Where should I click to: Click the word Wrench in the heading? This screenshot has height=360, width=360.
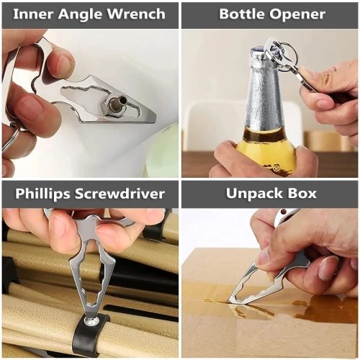[136, 14]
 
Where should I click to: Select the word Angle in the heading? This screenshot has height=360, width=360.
[80, 15]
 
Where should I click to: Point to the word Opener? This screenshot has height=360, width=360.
[297, 15]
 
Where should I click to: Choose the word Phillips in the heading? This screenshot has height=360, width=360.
[42, 194]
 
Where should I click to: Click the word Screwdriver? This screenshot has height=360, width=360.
[120, 194]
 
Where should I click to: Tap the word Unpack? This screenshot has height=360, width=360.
[253, 194]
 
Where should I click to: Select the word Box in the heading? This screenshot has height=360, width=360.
[302, 194]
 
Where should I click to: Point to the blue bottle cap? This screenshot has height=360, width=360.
[259, 52]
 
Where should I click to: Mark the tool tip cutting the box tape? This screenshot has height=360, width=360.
[229, 301]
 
